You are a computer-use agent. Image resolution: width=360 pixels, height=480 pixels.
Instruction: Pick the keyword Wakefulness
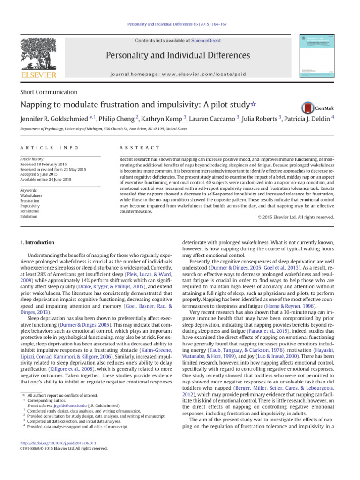[x=31, y=195]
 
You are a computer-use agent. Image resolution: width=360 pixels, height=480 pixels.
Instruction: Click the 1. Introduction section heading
[x=37, y=242]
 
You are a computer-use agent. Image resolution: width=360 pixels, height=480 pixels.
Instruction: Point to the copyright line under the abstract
[x=296, y=217]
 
